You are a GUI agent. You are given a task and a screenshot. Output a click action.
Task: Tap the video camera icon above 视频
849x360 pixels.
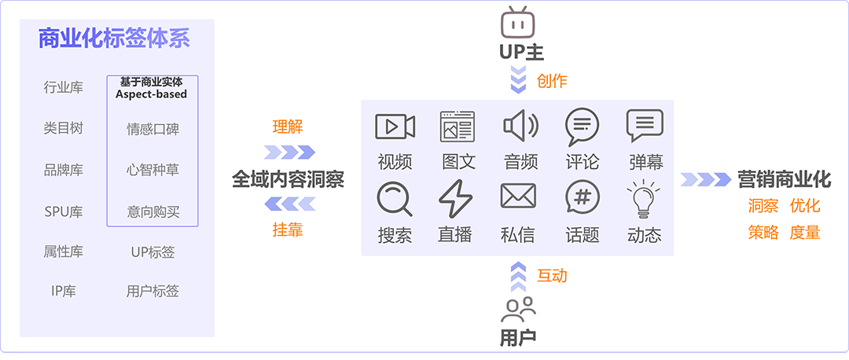(x=395, y=127)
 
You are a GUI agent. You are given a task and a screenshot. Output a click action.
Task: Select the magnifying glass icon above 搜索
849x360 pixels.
(x=394, y=199)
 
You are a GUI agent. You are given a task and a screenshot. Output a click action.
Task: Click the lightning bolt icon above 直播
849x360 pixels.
(x=455, y=199)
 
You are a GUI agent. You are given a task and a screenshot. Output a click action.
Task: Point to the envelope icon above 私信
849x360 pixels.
(x=518, y=196)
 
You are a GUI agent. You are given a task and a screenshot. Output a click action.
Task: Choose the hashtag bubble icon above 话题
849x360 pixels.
(x=582, y=198)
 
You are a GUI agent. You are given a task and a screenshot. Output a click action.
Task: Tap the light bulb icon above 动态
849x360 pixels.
(x=643, y=199)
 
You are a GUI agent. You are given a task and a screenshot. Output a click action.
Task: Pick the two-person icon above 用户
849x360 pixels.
(x=518, y=310)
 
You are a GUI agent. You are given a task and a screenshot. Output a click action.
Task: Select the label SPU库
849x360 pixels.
(x=64, y=211)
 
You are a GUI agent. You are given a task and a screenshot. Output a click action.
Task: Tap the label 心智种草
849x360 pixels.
(x=153, y=170)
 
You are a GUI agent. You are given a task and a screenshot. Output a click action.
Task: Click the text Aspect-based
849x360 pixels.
(x=152, y=94)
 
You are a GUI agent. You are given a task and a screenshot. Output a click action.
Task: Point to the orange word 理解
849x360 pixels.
(x=288, y=127)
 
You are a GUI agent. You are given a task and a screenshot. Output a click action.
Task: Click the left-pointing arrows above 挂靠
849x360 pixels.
(x=289, y=204)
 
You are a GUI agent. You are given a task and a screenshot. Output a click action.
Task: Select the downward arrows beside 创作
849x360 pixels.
(x=519, y=79)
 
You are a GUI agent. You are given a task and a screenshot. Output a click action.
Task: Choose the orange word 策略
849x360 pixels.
(x=763, y=232)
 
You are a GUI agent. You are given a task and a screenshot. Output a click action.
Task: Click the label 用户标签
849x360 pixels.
(x=153, y=292)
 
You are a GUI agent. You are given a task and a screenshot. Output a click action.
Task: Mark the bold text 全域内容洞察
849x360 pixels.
(x=288, y=179)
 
